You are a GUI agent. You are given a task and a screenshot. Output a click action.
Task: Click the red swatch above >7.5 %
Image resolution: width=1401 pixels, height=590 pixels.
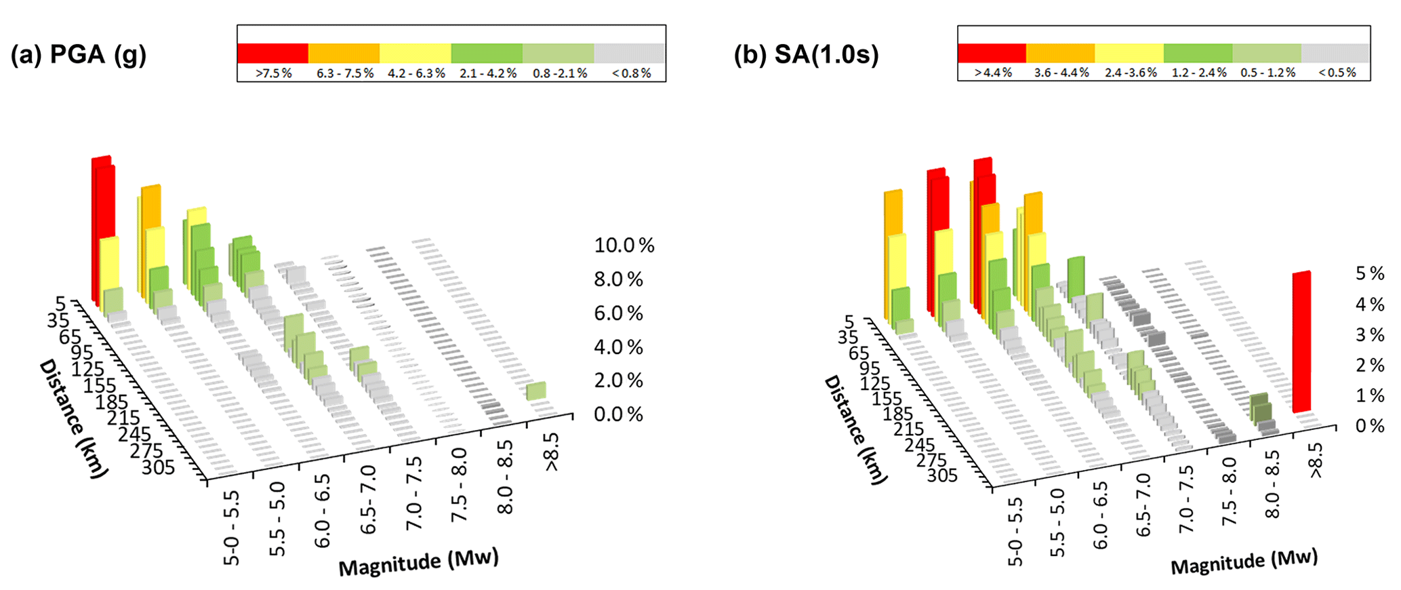coord(272,53)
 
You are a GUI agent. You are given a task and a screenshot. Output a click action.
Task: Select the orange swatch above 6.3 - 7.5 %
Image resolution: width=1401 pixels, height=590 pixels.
coord(344,53)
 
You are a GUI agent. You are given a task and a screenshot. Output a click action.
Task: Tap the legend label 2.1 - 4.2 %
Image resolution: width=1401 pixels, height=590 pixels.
coord(488,73)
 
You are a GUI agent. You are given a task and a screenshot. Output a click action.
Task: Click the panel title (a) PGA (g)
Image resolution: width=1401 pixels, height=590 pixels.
coord(79,54)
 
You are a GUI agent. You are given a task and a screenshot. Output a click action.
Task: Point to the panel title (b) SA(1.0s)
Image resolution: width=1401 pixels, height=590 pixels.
coord(806,54)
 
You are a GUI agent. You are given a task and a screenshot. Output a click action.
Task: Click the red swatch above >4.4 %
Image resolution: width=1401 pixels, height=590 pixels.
coord(992,53)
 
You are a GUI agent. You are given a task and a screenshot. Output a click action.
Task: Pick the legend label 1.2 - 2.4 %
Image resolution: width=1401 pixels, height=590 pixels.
coord(1199,73)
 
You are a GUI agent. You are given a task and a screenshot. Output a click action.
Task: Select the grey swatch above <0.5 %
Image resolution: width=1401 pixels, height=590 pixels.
coord(1335,53)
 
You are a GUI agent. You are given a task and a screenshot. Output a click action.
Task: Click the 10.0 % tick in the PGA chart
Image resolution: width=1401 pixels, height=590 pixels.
coord(624,245)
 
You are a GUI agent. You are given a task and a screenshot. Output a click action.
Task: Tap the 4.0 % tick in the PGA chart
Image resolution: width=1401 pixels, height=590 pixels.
coord(618,347)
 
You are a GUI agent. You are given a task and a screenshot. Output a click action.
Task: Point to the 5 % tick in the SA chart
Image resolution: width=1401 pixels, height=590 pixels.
coord(1370,273)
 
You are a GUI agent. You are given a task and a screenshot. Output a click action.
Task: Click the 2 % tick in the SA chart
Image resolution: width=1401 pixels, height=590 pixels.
coord(1370,366)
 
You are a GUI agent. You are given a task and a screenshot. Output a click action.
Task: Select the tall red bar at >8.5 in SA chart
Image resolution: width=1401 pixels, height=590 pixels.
coord(1301,342)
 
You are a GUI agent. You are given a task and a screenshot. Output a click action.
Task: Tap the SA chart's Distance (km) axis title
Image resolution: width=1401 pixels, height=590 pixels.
coord(855,431)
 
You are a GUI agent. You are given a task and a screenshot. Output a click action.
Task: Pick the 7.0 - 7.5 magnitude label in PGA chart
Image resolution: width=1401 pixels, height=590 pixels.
coord(414,494)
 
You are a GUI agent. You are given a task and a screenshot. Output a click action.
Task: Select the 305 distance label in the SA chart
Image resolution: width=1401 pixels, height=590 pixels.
coord(942,475)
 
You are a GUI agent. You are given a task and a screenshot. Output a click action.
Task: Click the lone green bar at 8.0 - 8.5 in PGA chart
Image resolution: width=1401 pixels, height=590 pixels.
coord(536,391)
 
